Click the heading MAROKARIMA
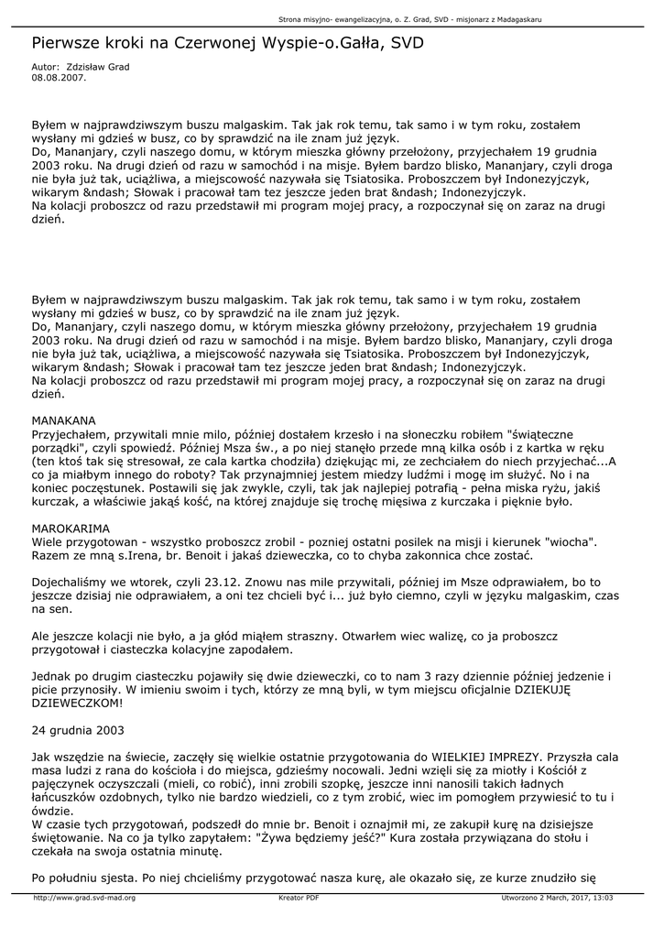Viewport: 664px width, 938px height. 71,529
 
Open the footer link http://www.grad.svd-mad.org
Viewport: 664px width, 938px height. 84,898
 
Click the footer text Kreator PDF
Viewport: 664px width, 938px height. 299,898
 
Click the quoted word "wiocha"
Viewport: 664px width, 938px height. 569,542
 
